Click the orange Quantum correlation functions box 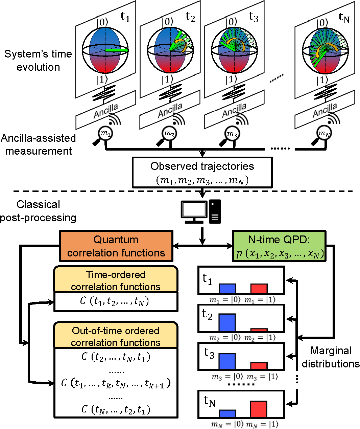pos(116,246)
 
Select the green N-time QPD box pos(279,246)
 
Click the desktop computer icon pos(201,211)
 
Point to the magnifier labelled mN pos(323,134)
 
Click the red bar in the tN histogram pos(259,409)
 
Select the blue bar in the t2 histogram pos(227,322)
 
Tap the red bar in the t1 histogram pos(259,288)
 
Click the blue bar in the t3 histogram pos(227,361)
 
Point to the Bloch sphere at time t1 pos(105,50)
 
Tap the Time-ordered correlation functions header pos(116,280)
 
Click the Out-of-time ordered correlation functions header pos(116,336)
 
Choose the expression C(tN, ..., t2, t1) pos(116,410)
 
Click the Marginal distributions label pos(331,357)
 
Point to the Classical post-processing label pos(38,211)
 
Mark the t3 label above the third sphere pos(254,17)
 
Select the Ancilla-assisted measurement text pos(38,144)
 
